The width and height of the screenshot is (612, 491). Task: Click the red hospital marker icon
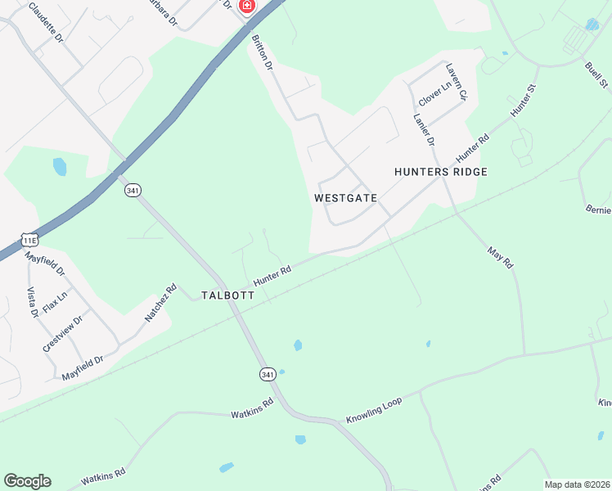(245, 5)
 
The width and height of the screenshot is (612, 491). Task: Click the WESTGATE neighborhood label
(345, 198)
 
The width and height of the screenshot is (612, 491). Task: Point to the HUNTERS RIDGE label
(440, 172)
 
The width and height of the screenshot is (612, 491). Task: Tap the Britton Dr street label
(262, 55)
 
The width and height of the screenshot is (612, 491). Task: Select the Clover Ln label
(434, 92)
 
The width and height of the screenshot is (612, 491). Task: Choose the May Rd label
(499, 258)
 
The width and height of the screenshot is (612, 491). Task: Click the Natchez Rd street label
(161, 303)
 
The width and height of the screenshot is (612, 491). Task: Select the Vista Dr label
(34, 302)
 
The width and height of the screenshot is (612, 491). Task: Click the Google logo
(27, 481)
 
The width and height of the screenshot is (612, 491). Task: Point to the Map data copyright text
(577, 484)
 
